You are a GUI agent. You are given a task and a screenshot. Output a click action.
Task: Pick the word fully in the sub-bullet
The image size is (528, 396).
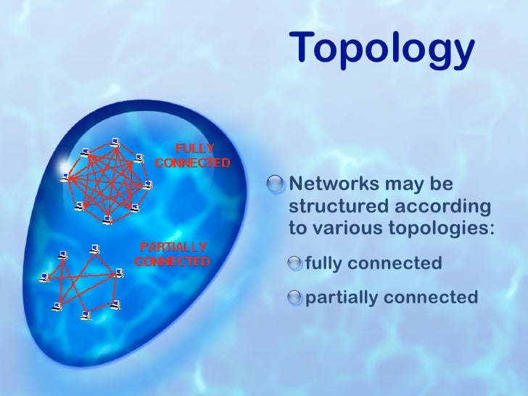pyautogui.click(x=324, y=263)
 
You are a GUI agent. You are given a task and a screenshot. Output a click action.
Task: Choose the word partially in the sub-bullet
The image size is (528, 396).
pyautogui.click(x=342, y=297)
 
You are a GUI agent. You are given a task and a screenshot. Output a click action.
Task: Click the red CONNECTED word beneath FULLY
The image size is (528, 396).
pyautogui.click(x=193, y=162)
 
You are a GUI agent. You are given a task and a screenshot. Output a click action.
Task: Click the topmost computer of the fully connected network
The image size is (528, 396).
pyautogui.click(x=114, y=141)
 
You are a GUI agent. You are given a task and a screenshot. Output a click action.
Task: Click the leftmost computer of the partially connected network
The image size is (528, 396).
pyautogui.click(x=44, y=276)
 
